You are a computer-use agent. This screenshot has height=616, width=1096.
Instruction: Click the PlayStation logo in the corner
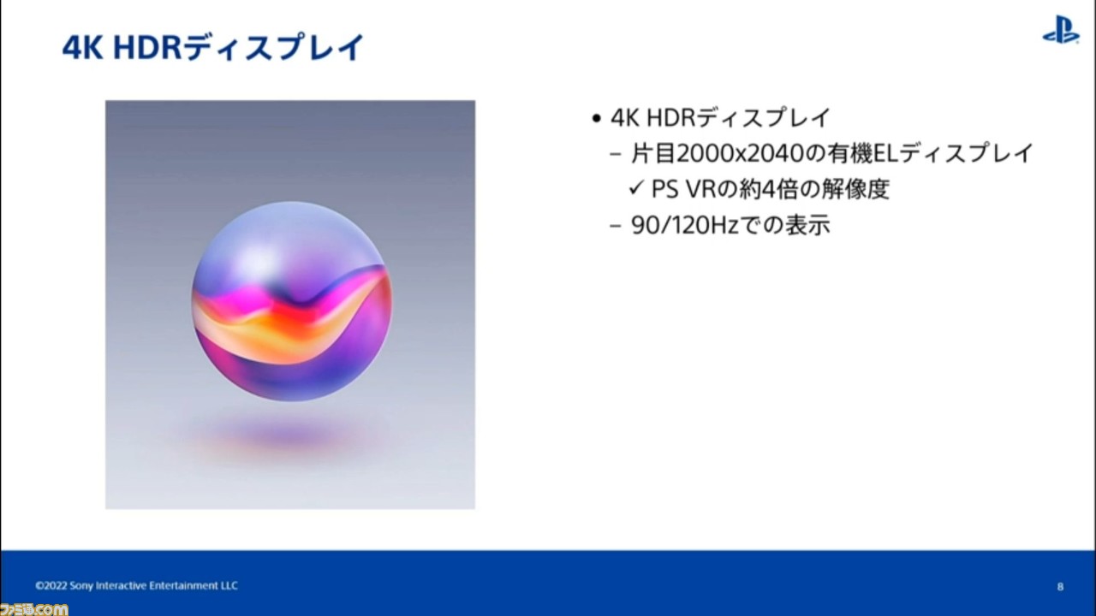[x=1060, y=29]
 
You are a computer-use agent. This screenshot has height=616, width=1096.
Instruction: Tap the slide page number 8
[x=1060, y=587]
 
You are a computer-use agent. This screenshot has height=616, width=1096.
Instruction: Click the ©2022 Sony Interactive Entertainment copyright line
[x=136, y=586]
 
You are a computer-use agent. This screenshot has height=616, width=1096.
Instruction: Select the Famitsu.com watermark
[x=34, y=609]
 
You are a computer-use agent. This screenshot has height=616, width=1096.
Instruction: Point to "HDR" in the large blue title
[x=147, y=49]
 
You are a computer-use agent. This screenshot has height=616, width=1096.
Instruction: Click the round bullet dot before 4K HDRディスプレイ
[x=596, y=118]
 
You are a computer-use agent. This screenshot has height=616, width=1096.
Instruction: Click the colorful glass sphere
[x=292, y=301]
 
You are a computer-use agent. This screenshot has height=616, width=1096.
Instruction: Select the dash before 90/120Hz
[x=616, y=227]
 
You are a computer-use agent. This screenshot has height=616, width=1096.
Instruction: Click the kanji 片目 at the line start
[x=653, y=153]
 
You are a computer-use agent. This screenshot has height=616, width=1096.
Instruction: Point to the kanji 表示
[x=807, y=225]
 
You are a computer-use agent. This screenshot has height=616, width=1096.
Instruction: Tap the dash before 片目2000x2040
[x=616, y=155]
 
